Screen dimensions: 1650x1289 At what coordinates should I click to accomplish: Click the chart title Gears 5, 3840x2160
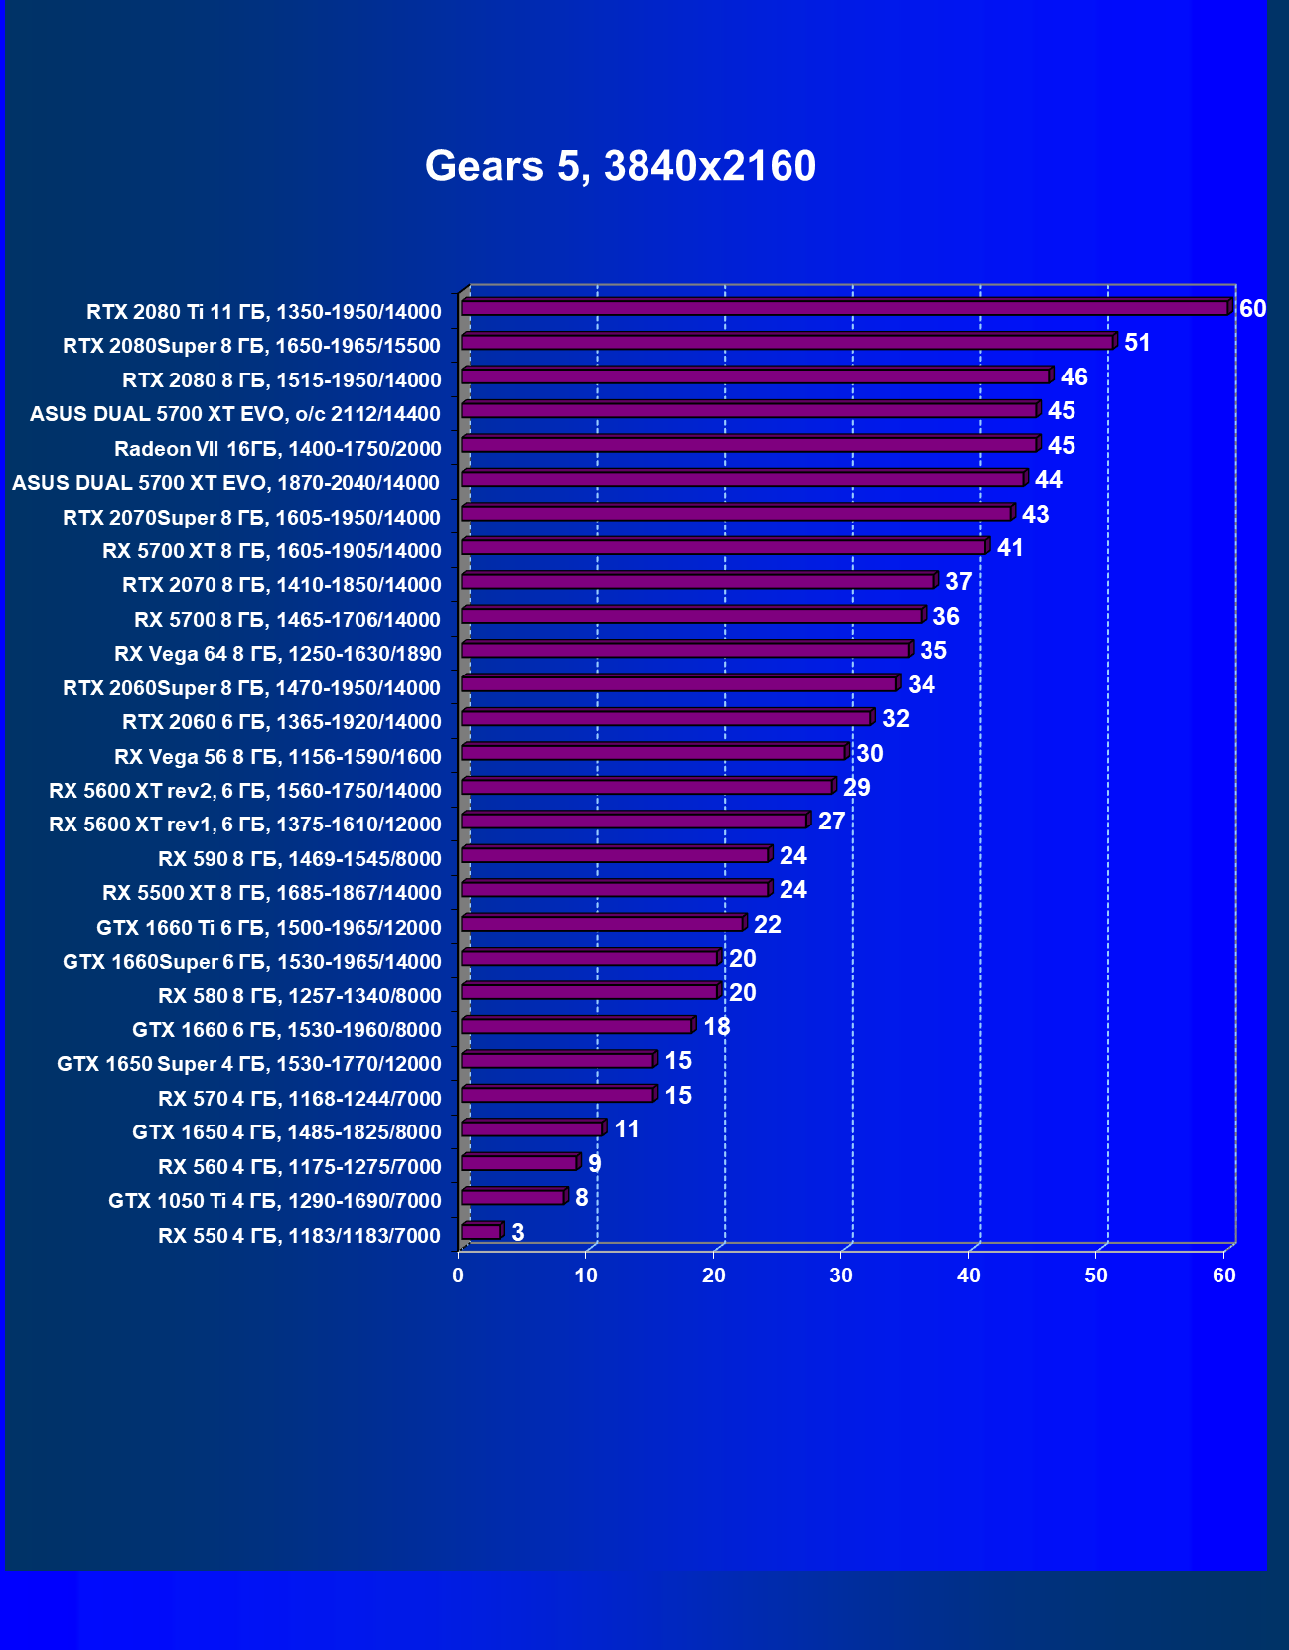[621, 166]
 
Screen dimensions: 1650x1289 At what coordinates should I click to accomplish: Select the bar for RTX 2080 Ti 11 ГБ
[844, 308]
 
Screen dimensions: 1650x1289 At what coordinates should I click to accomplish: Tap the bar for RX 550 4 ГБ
[482, 1232]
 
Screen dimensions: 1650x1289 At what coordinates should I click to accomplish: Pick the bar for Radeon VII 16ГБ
[750, 444]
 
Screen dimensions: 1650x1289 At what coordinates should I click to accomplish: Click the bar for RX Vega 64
[685, 650]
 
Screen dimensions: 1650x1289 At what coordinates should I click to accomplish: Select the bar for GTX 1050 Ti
[513, 1197]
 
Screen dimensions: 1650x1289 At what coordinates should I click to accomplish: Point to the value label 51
[1137, 343]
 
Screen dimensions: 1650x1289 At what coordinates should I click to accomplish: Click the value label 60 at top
[1252, 309]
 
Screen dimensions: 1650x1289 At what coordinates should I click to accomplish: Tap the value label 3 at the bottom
[517, 1232]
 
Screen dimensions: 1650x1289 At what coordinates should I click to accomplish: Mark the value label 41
[1010, 548]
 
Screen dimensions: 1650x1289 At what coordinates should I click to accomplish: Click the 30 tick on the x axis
[841, 1275]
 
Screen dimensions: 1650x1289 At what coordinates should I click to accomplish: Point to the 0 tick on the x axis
[458, 1275]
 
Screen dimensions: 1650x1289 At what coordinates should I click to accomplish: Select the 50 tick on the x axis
[1096, 1275]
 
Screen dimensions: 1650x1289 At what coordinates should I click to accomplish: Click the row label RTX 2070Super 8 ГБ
[251, 518]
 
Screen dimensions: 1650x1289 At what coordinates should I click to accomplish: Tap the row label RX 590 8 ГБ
[299, 859]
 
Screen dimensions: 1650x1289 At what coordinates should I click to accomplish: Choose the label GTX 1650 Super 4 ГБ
[248, 1064]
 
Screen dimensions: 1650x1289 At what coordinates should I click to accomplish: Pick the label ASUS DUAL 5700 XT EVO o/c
[234, 414]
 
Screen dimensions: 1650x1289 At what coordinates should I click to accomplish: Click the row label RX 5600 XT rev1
[244, 825]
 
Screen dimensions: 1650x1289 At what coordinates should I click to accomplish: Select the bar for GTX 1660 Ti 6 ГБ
[603, 924]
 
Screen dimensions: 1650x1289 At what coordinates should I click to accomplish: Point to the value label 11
[626, 1129]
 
